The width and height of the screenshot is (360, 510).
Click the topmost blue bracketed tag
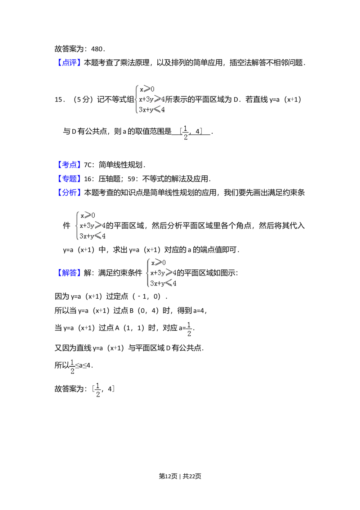(x=69, y=62)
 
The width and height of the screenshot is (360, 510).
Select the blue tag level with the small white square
(x=69, y=165)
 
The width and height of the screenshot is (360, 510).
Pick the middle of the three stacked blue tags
(x=69, y=178)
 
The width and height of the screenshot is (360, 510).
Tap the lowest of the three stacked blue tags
(x=69, y=192)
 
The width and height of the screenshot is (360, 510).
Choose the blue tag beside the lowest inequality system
(x=69, y=272)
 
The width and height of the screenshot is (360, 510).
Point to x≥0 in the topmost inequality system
(x=147, y=89)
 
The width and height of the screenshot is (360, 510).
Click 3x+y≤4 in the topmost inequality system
(x=152, y=109)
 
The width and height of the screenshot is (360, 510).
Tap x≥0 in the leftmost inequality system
(x=88, y=215)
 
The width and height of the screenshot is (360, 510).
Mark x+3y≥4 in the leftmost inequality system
(x=92, y=225)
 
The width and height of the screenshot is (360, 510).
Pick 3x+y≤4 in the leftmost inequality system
(x=92, y=236)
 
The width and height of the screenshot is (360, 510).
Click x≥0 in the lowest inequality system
(x=158, y=262)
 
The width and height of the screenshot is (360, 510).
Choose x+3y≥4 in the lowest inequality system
(x=163, y=273)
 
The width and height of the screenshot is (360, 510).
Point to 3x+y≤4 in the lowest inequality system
(x=163, y=283)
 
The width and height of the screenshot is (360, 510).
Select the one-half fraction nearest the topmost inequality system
(x=185, y=133)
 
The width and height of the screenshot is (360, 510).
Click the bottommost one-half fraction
(x=98, y=390)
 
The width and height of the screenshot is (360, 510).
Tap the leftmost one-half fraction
(x=72, y=367)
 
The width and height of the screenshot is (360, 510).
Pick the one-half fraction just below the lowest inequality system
(x=189, y=328)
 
